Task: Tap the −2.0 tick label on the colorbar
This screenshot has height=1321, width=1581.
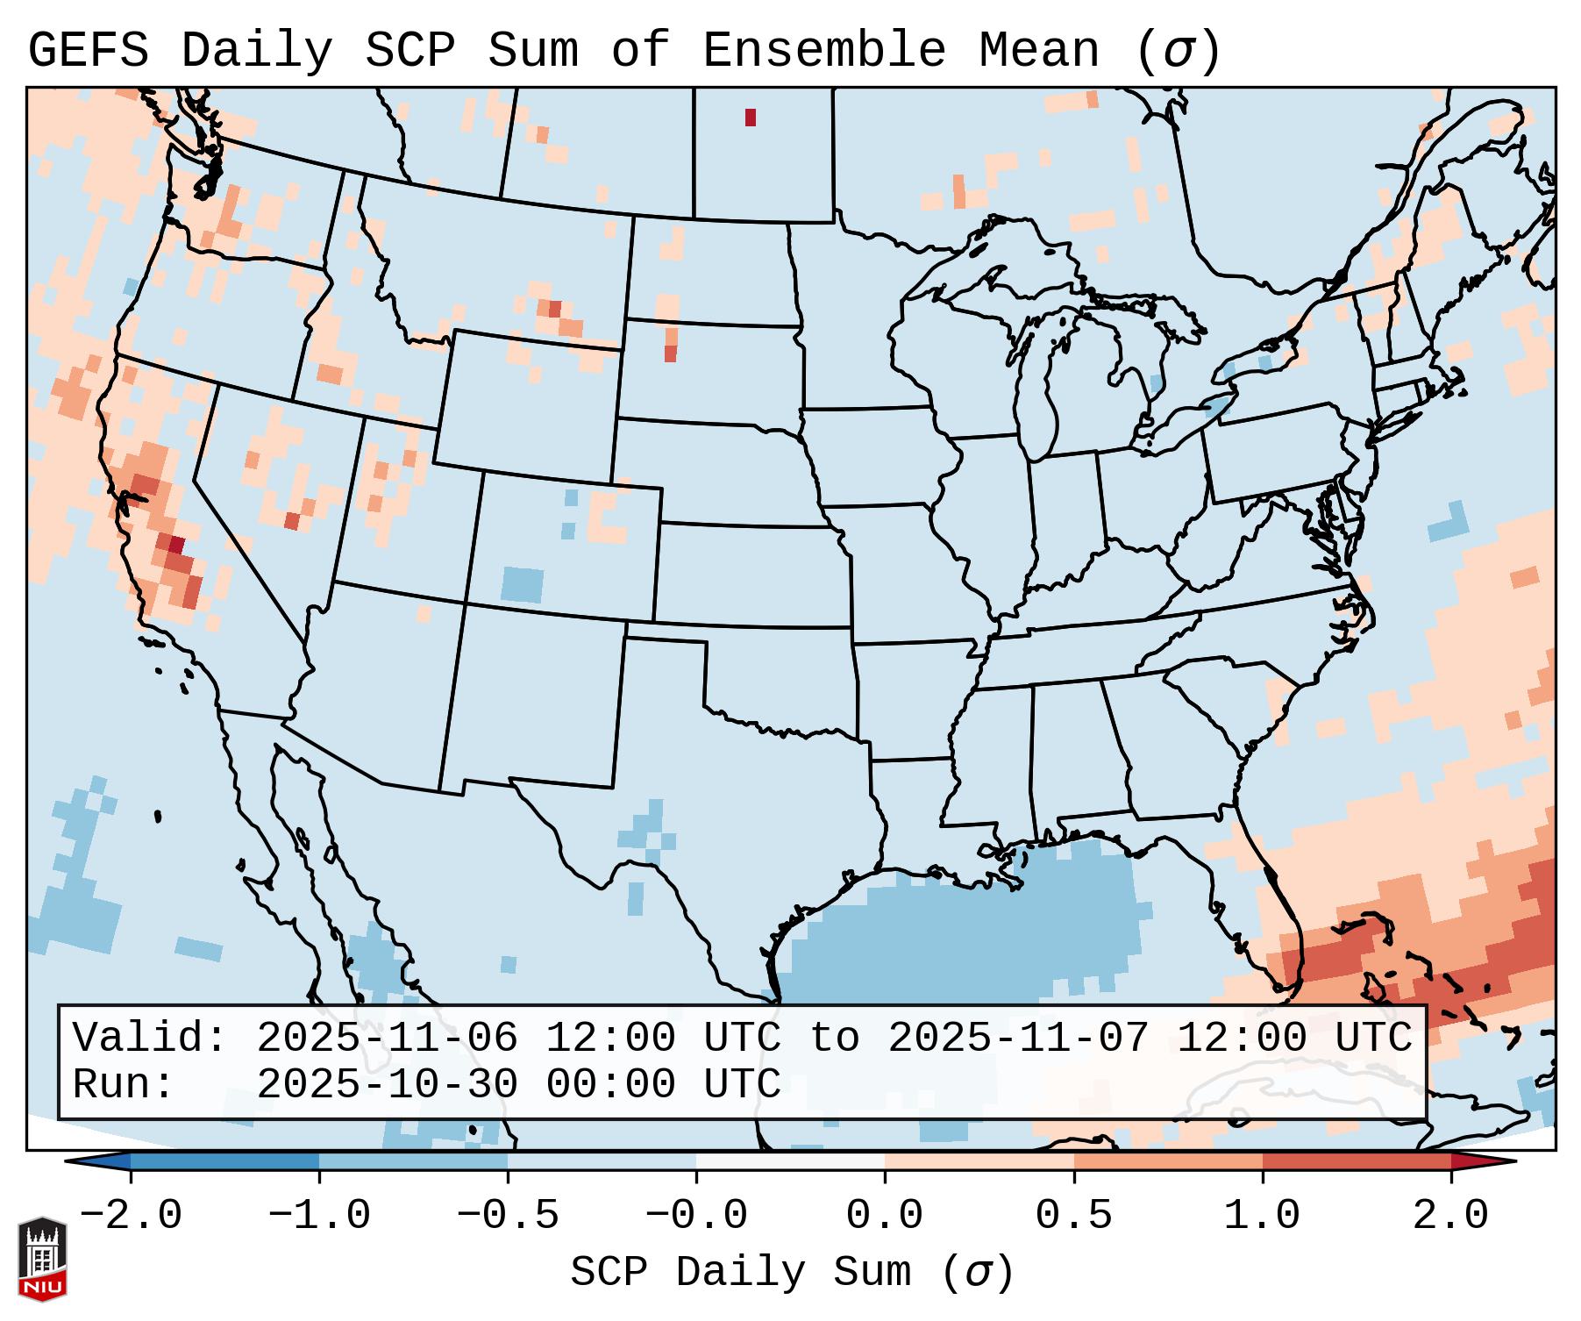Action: click(x=131, y=1217)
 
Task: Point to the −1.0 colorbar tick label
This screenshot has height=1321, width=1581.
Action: click(x=319, y=1217)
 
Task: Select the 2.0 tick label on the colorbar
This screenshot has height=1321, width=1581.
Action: click(x=1451, y=1217)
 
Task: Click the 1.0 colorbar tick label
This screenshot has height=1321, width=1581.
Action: click(x=1262, y=1217)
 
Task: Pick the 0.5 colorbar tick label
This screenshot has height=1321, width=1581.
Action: click(x=1073, y=1217)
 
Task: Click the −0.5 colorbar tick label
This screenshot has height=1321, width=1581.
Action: click(x=508, y=1217)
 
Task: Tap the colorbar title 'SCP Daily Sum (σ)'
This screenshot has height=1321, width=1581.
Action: click(x=792, y=1273)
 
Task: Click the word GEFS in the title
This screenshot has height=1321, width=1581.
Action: click(x=88, y=50)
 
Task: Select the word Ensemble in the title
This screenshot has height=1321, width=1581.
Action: click(x=823, y=50)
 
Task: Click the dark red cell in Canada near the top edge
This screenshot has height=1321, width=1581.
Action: click(x=751, y=118)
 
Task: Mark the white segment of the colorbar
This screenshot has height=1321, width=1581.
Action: click(x=790, y=1161)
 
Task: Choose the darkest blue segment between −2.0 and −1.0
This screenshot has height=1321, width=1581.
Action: click(x=224, y=1161)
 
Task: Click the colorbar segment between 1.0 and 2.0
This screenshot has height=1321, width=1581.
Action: click(x=1357, y=1161)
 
